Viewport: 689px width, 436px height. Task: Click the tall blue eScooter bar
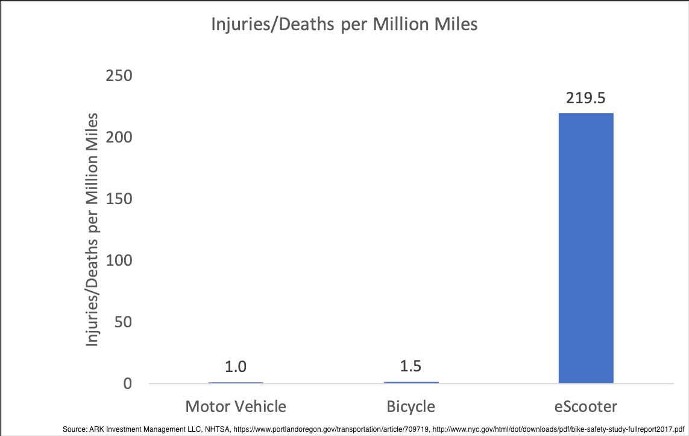(x=586, y=248)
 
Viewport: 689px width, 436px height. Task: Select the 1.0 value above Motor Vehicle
(x=236, y=367)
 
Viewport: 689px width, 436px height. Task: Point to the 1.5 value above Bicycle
(x=411, y=367)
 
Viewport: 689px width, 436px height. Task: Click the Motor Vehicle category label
(x=236, y=405)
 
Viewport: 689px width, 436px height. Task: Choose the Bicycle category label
(x=411, y=405)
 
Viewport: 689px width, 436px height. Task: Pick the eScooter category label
(x=586, y=405)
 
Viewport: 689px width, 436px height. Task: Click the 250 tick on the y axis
(x=119, y=76)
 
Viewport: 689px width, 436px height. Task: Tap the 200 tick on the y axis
(x=119, y=138)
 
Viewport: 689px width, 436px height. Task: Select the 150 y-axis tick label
(x=119, y=199)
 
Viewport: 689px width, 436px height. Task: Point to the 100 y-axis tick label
(x=119, y=261)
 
